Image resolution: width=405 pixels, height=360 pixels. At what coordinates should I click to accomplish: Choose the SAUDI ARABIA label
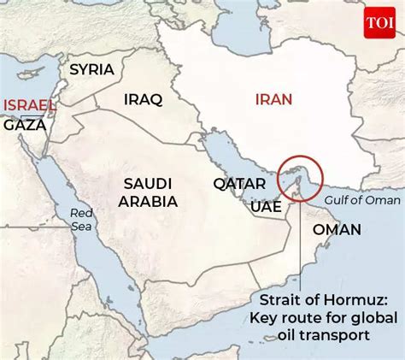[x=150, y=193]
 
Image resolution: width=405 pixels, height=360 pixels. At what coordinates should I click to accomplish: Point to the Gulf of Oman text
[x=361, y=199]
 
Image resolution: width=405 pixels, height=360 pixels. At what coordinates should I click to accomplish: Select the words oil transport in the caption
[x=330, y=336]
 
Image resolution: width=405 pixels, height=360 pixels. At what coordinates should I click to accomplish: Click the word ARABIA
[x=150, y=203]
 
